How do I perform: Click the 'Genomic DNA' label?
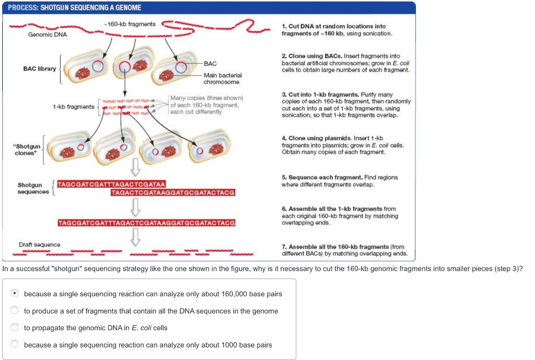pyautogui.click(x=47, y=34)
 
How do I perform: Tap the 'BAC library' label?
pyautogui.click(x=39, y=68)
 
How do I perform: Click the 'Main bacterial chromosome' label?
pyautogui.click(x=223, y=78)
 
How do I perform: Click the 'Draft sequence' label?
pyautogui.click(x=39, y=245)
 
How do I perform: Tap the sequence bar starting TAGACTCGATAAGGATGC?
pyautogui.click(x=173, y=193)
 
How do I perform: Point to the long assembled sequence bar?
pyautogui.click(x=146, y=223)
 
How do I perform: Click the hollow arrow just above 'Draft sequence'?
pyautogui.click(x=135, y=237)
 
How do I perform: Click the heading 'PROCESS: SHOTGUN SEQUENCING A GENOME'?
pyautogui.click(x=74, y=8)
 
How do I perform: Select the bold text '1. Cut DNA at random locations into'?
pyautogui.click(x=333, y=26)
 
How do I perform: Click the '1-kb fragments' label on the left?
pyautogui.click(x=73, y=107)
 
